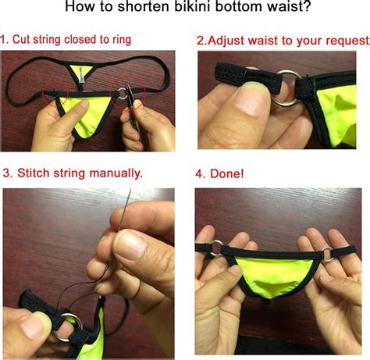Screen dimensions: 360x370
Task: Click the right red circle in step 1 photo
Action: pyautogui.click(x=126, y=92)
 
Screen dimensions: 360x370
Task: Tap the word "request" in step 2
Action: pyautogui.click(x=335, y=39)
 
